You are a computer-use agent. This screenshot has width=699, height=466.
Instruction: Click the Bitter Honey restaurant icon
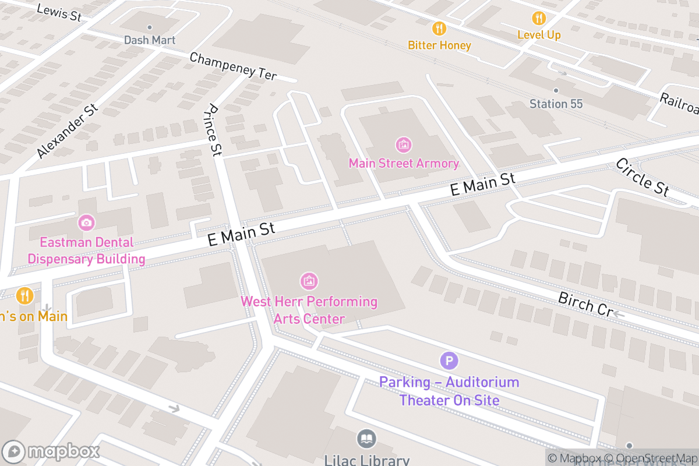[439, 28]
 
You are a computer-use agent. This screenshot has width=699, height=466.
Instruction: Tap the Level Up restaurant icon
[539, 18]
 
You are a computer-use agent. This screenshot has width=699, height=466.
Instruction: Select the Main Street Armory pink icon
[403, 144]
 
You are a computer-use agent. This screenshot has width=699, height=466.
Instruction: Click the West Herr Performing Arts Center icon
[309, 281]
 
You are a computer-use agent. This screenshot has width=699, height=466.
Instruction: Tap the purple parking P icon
[449, 361]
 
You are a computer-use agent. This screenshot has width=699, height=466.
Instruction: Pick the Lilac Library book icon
[366, 439]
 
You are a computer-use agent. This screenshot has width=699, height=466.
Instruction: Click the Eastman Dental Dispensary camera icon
[86, 222]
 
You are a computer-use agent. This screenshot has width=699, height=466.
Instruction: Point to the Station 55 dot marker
[556, 90]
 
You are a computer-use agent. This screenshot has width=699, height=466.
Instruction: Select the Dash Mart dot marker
[150, 27]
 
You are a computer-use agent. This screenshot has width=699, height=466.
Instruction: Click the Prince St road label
[214, 130]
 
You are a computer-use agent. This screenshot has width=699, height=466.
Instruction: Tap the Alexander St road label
[68, 132]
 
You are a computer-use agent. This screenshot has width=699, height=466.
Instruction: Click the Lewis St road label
[59, 13]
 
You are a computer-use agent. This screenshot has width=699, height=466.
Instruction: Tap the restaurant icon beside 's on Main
[24, 296]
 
